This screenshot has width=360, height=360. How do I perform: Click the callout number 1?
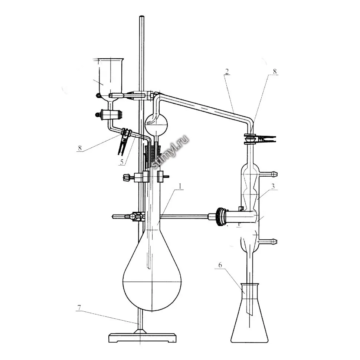click(180, 186)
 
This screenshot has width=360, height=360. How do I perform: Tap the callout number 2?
click(227, 71)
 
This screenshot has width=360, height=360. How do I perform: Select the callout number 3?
click(273, 186)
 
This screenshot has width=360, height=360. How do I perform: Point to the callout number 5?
click(122, 162)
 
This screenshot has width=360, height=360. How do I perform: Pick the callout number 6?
click(220, 265)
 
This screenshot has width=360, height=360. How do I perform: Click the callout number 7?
click(79, 307)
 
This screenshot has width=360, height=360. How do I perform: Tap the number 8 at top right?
click(275, 71)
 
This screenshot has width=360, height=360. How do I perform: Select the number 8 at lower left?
click(80, 148)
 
